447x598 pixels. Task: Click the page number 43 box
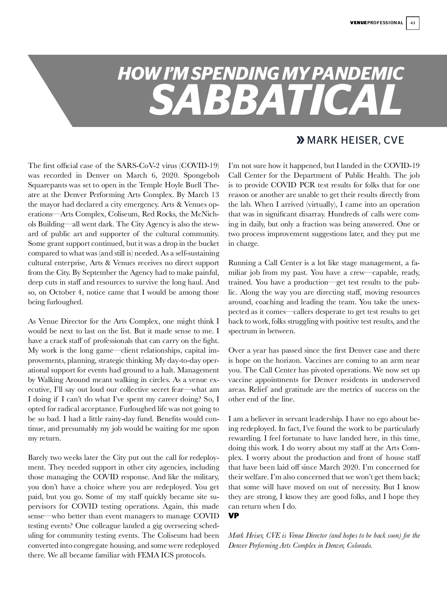(x=413, y=23)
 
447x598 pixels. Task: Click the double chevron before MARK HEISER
(x=300, y=140)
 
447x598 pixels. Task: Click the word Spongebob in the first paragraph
(x=202, y=175)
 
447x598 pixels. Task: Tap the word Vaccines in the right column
(x=319, y=360)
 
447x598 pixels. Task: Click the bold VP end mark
(x=234, y=516)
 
